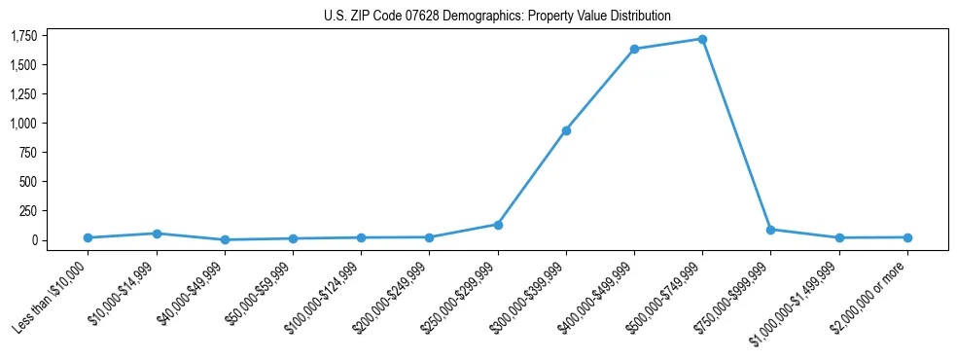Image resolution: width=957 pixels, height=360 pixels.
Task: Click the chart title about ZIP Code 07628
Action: pos(497,17)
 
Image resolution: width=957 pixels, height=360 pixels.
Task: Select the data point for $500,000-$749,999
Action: pos(702,39)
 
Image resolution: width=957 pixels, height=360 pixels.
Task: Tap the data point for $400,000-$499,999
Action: pos(634,49)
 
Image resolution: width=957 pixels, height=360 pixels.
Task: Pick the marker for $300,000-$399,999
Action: pos(566,130)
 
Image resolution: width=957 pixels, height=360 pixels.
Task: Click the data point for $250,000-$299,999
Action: pos(498,225)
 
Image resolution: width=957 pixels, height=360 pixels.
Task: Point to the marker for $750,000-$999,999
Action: pos(770,230)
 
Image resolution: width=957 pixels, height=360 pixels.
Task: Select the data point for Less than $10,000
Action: pos(88,237)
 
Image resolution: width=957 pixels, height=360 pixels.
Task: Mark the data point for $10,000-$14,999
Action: pos(157,234)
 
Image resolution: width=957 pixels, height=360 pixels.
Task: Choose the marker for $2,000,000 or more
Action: pos(907,237)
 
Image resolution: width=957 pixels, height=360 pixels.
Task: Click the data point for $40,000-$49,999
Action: pos(225,239)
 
